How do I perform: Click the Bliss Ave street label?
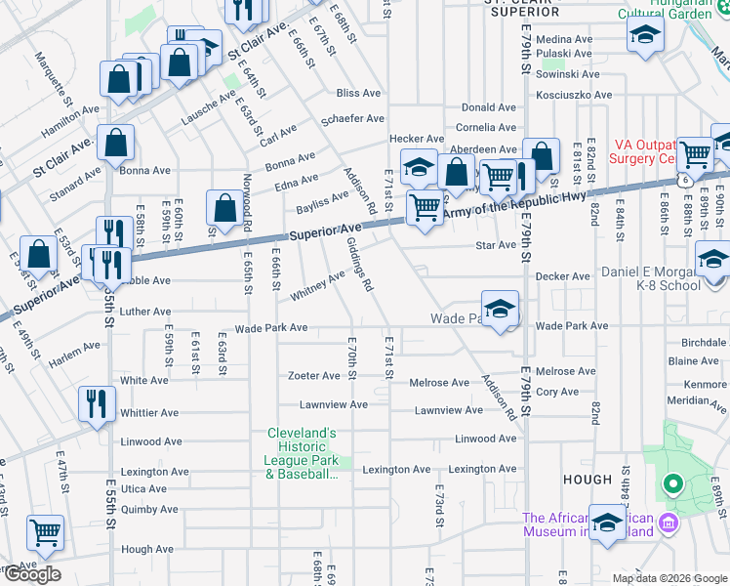358,93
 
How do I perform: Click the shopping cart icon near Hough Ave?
45,531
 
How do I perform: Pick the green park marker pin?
671,482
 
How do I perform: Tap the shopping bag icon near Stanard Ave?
116,143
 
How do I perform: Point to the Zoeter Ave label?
313,376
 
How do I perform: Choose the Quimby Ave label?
149,509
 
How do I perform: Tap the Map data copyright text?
669,578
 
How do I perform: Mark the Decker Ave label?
564,276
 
